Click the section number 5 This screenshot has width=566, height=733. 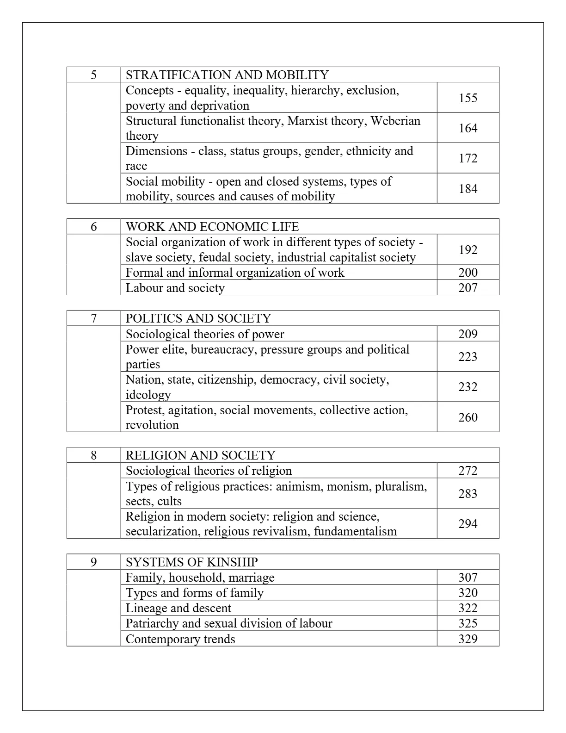point(94,75)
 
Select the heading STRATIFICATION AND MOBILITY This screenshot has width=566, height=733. point(227,75)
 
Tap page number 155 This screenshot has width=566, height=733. point(468,98)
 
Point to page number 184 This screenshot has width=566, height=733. point(468,188)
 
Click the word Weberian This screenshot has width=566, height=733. point(395,121)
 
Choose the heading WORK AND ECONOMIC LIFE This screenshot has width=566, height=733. point(212,227)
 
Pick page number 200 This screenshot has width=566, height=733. point(468,272)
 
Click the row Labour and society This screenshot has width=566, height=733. point(175,288)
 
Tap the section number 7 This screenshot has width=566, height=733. point(94,318)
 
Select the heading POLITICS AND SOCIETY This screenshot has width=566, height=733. point(198,318)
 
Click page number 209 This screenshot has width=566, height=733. point(468,334)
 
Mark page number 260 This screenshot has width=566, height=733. point(468,417)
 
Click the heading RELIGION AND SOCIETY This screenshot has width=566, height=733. point(201,455)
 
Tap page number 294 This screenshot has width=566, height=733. point(468,523)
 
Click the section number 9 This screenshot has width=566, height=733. point(94,562)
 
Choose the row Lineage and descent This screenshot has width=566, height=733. point(178,608)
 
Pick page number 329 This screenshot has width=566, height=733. point(468,639)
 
